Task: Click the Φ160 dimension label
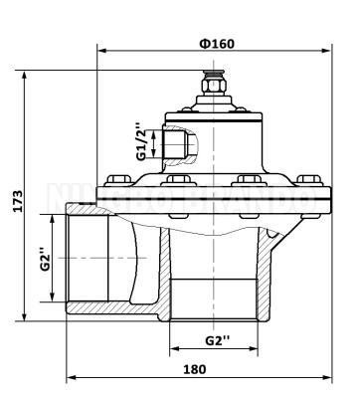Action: tap(216, 44)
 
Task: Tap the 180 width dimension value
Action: tap(195, 368)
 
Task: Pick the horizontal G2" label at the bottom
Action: tap(217, 339)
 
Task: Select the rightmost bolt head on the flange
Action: tap(299, 181)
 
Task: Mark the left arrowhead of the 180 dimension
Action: tap(70, 380)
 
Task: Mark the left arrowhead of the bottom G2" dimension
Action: tap(173, 349)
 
